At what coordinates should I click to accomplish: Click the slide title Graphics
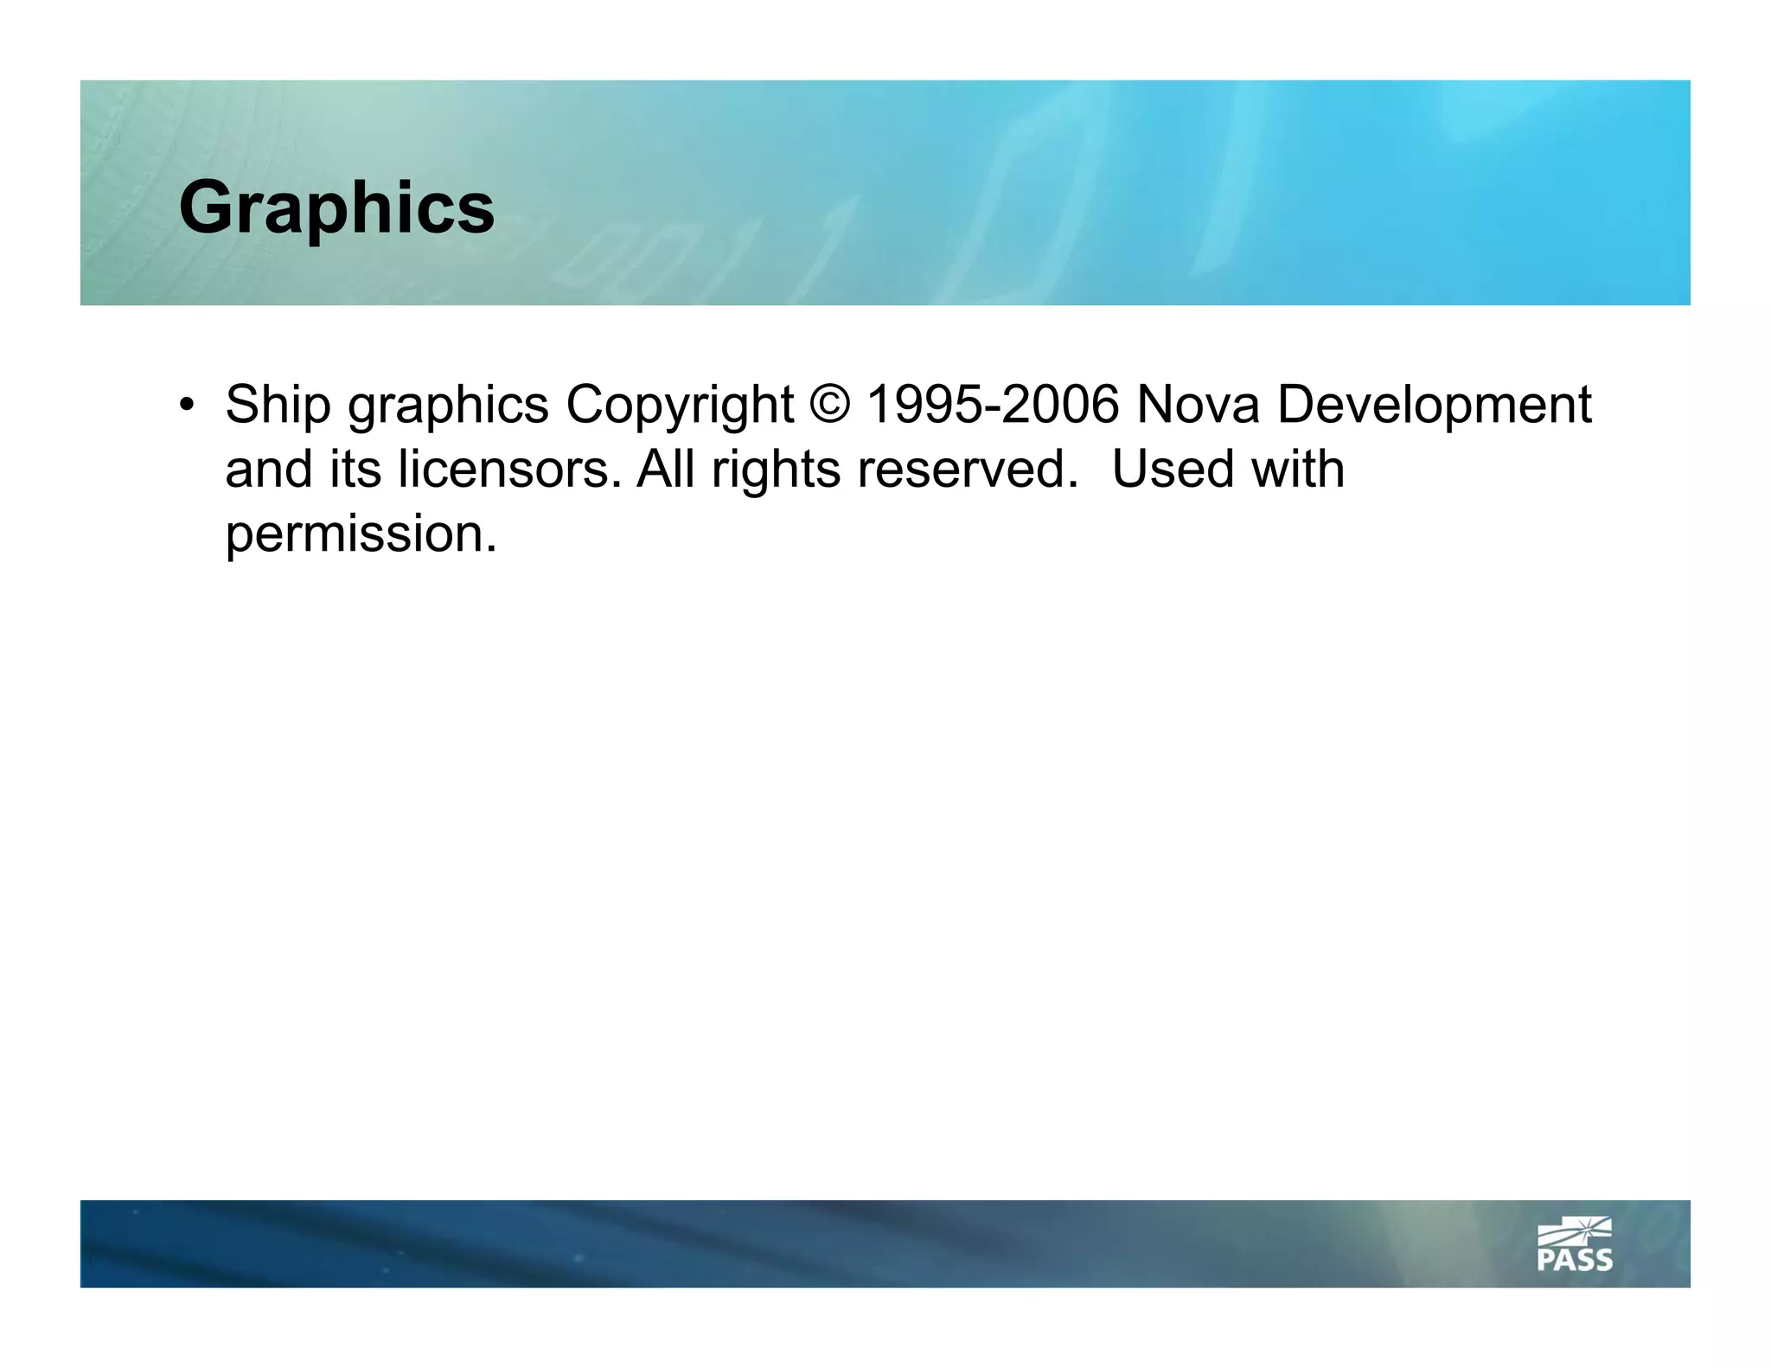(336, 208)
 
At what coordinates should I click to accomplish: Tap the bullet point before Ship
(187, 405)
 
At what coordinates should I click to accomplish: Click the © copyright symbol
(830, 405)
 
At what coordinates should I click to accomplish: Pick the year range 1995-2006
(993, 405)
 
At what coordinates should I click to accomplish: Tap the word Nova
(1198, 405)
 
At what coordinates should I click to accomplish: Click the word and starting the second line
(269, 470)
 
